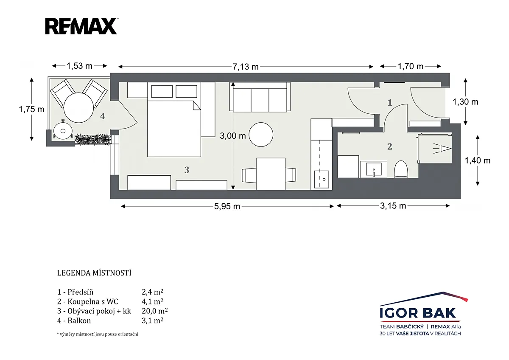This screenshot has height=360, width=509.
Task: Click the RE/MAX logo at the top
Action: pos(81,26)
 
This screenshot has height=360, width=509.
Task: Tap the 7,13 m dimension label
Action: pos(246,67)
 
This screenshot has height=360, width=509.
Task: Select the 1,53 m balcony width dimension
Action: pos(79,66)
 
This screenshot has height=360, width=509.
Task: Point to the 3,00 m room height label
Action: pos(233,136)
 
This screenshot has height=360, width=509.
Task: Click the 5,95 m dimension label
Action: pos(227,206)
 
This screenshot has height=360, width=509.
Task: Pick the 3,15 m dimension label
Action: pos(393,206)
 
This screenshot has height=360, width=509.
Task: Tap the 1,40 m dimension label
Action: pos(478,161)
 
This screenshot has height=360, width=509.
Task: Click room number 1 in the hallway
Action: pos(390,103)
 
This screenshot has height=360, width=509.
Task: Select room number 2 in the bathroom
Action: pos(390,147)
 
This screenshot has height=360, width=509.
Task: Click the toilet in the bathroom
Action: pos(401,169)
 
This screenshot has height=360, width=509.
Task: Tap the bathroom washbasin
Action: pos(374,169)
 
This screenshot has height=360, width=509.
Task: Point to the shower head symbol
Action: pos(442,149)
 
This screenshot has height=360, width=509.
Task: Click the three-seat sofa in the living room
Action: pos(260,97)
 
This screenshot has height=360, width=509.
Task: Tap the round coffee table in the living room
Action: pos(261,135)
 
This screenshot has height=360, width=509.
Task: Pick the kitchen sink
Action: pos(322,179)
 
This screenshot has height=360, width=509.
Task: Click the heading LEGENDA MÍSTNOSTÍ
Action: pos(94,273)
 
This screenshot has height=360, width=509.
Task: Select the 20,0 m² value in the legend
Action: pos(155,311)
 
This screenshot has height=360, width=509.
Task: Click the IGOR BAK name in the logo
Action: pos(418,313)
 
